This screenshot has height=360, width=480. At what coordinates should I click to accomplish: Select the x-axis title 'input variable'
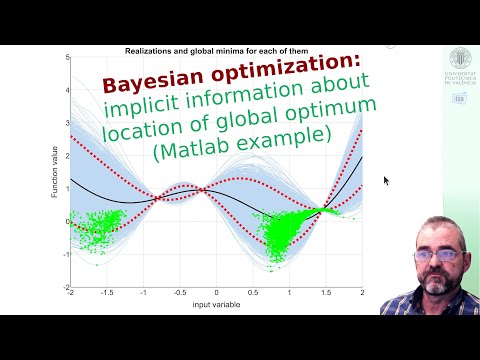coord(217,303)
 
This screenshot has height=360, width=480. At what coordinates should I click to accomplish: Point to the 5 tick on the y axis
coord(66,57)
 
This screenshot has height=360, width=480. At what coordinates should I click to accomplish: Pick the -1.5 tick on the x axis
coord(107,293)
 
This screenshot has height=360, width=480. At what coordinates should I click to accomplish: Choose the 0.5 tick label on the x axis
coord(254,293)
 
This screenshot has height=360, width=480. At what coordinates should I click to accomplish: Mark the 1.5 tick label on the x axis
coord(326,293)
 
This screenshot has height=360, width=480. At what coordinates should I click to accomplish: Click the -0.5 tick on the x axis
coord(180,293)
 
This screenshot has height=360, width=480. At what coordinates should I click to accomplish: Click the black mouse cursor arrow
coord(387,181)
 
